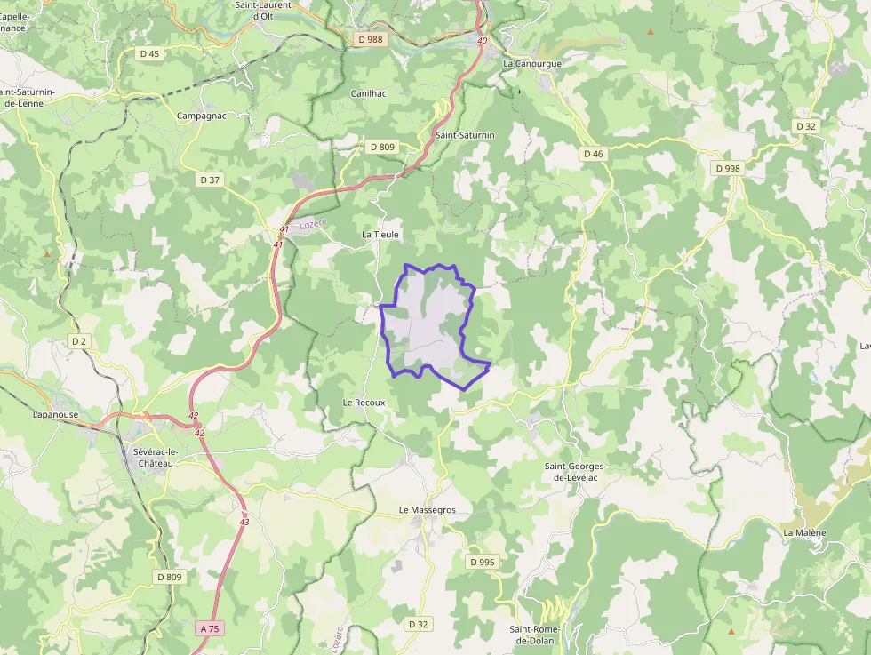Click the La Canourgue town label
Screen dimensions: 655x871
click(x=532, y=64)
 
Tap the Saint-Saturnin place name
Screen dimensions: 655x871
click(x=465, y=135)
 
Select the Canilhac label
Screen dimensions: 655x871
click(x=369, y=93)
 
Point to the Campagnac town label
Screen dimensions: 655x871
click(x=203, y=116)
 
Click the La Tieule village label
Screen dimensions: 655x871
click(x=381, y=234)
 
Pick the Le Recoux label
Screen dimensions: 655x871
click(x=364, y=403)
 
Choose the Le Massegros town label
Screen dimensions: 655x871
click(x=427, y=510)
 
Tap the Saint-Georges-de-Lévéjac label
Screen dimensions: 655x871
click(x=575, y=472)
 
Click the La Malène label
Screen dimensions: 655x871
click(x=804, y=532)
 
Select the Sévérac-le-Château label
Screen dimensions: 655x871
click(x=148, y=457)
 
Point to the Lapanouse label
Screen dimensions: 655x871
click(x=57, y=414)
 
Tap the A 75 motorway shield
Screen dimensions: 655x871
click(x=209, y=628)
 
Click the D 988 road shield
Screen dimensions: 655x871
click(x=372, y=39)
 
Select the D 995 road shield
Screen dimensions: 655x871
click(x=482, y=562)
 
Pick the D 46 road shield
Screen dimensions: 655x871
click(x=593, y=154)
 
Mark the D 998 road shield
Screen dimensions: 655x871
click(x=728, y=168)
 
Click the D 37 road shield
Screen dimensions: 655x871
click(x=210, y=180)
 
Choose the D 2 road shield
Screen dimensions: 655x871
click(x=79, y=340)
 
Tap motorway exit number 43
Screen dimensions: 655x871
click(x=244, y=522)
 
